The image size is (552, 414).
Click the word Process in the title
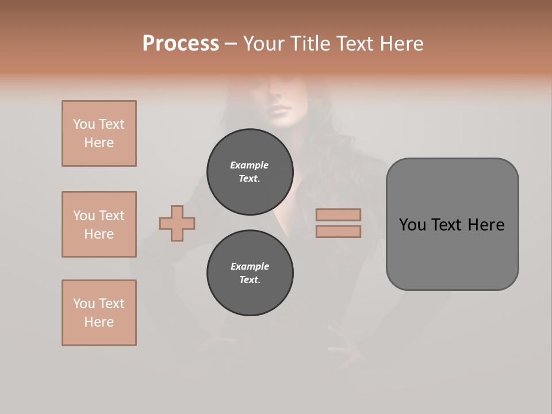tap(181, 44)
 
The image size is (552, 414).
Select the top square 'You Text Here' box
tap(99, 133)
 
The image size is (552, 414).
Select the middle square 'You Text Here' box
tap(99, 224)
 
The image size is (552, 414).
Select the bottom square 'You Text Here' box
tap(99, 313)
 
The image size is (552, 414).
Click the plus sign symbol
tap(177, 223)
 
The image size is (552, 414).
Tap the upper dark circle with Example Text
tap(250, 172)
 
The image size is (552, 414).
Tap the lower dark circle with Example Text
tap(250, 273)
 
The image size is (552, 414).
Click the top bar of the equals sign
tap(338, 214)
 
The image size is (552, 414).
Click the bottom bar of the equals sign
tap(338, 231)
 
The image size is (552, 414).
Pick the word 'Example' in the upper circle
tap(250, 165)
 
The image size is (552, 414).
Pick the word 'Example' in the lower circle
tap(250, 266)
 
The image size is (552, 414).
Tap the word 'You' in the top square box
tap(84, 124)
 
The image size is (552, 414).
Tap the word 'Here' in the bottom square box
tap(99, 322)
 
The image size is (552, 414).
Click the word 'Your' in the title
tap(262, 44)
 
